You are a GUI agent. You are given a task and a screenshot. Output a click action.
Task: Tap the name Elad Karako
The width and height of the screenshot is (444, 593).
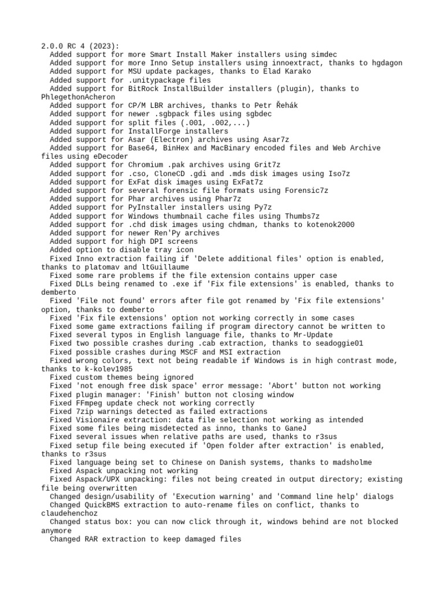(x=287, y=71)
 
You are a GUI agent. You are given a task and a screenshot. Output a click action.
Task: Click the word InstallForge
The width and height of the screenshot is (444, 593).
(x=156, y=131)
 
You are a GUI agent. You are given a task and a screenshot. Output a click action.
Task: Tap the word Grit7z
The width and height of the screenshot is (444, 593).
(x=268, y=165)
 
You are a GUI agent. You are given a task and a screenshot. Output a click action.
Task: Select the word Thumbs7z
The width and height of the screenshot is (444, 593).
(x=298, y=216)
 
